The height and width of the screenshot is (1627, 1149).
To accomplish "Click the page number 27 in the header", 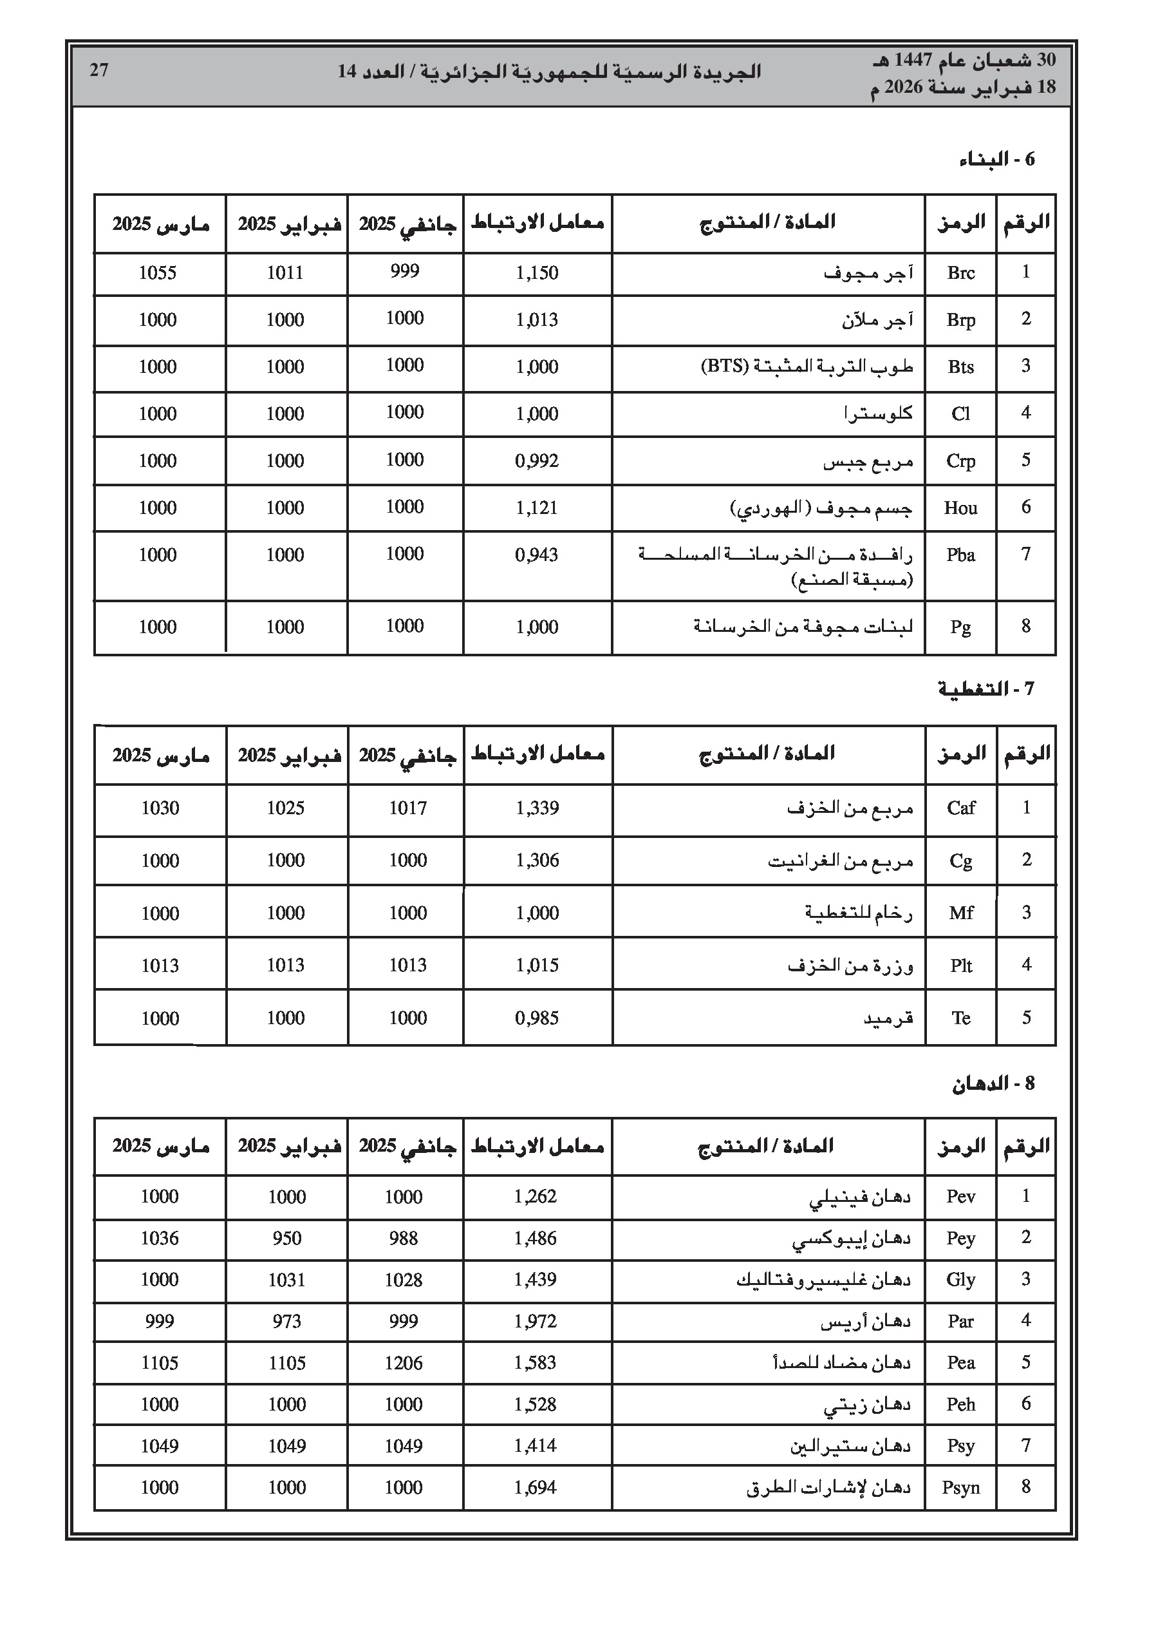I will (x=98, y=70).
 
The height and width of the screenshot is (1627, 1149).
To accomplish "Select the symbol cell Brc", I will (x=960, y=273).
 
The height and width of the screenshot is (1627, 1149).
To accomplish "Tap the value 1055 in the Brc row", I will (x=157, y=273).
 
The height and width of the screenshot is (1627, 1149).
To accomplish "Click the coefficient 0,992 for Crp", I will (x=537, y=461).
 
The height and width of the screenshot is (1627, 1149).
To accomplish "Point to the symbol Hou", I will (x=960, y=508).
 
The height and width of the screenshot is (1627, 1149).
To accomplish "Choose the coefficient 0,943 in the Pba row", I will (x=537, y=555).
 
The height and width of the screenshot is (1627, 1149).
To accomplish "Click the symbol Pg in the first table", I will (x=960, y=627).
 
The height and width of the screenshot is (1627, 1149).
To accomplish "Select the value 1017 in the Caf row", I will (x=407, y=808).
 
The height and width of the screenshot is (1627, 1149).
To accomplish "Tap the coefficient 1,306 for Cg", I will (x=537, y=861).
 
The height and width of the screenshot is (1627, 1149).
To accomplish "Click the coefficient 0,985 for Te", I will (x=537, y=1018).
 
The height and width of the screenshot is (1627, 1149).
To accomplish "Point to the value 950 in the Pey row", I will (x=286, y=1238).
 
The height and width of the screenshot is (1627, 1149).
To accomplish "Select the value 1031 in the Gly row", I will (x=286, y=1280).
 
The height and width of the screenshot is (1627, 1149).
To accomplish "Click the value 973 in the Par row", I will (x=286, y=1321).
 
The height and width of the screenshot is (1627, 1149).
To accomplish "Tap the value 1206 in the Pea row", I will (x=403, y=1363).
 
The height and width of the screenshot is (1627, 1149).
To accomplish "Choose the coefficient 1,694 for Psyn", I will (x=536, y=1487).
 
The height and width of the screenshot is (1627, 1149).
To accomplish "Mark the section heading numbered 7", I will (x=986, y=689).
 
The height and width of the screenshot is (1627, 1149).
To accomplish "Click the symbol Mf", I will (x=960, y=913).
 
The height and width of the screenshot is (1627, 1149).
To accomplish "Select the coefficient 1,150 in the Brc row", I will (x=537, y=273).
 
